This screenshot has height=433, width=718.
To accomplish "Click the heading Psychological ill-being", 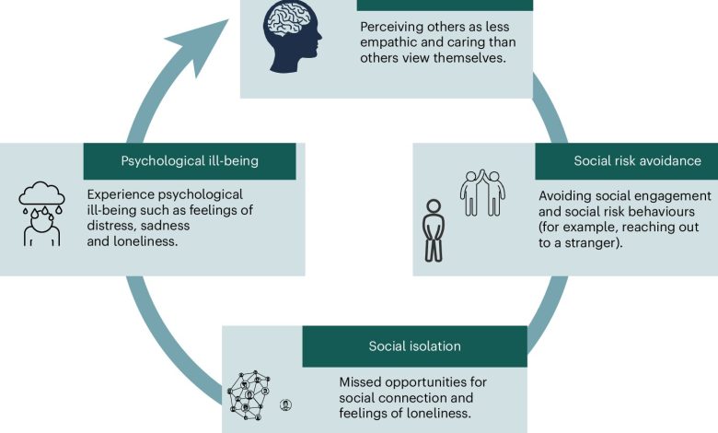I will [190, 161].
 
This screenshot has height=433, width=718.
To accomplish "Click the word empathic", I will [392, 43].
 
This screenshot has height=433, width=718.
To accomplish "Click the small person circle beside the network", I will [285, 404].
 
